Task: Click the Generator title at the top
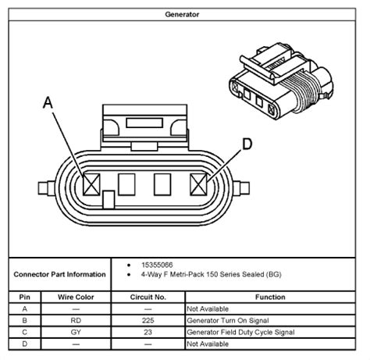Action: pyautogui.click(x=182, y=14)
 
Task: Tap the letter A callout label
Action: pyautogui.click(x=48, y=102)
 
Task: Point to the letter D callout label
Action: pyautogui.click(x=247, y=144)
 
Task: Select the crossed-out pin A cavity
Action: pyautogui.click(x=91, y=184)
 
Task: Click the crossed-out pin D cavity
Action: pyautogui.click(x=198, y=184)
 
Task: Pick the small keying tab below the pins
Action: pyautogui.click(x=109, y=200)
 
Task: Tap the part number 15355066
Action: pyautogui.click(x=157, y=265)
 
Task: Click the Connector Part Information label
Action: pyautogui.click(x=59, y=274)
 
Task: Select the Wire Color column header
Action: pyautogui.click(x=76, y=297)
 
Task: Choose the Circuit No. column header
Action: pyautogui.click(x=148, y=297)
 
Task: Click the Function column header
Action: pyautogui.click(x=270, y=297)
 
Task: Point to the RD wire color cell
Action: pyautogui.click(x=76, y=320)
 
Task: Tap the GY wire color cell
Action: pyautogui.click(x=76, y=332)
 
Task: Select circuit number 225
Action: pyautogui.click(x=148, y=320)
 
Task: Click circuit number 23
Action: pyautogui.click(x=148, y=332)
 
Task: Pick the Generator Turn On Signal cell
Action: pyautogui.click(x=228, y=320)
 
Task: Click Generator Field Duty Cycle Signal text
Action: pyautogui.click(x=240, y=332)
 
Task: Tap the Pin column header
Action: pyautogui.click(x=24, y=297)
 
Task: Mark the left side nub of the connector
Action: pyautogui.click(x=46, y=188)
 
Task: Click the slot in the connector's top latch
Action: pyautogui.click(x=144, y=123)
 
